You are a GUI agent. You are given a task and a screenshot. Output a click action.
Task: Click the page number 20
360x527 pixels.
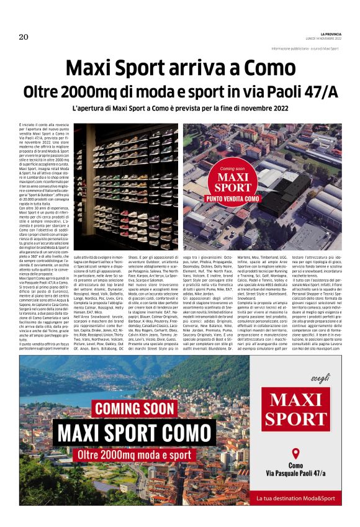(24, 35)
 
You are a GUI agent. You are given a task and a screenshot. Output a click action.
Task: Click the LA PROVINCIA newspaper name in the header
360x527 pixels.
(326, 33)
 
